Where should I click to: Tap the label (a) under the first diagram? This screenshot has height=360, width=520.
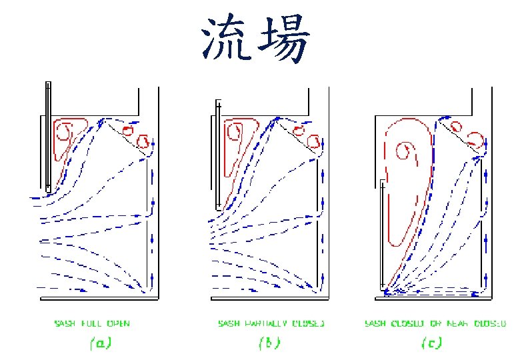100,343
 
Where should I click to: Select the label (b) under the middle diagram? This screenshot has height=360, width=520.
269,343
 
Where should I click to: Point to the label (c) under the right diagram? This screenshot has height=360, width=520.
431,343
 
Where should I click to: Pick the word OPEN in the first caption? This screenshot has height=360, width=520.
117,323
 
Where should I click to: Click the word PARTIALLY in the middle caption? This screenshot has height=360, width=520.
269,323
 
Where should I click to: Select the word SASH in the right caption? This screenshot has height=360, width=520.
375,323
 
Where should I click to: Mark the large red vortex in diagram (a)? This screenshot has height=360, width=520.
67,137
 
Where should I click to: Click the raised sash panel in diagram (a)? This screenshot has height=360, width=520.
47,137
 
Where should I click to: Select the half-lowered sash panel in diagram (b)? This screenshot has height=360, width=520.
218,153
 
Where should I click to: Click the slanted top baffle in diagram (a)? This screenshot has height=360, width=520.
127,137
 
